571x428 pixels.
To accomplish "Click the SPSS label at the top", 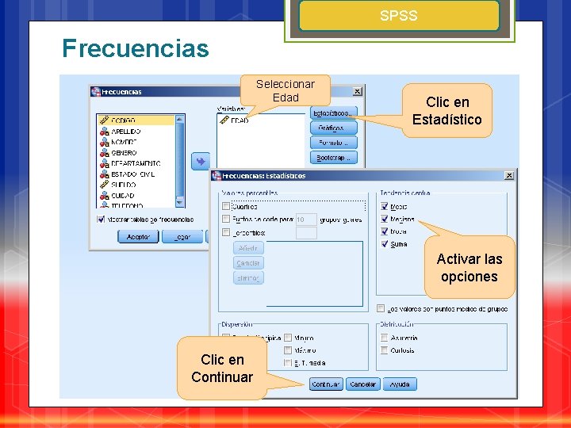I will pos(398,16).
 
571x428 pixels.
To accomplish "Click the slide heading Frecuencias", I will pos(136,49).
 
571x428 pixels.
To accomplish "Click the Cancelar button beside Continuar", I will pos(362,384).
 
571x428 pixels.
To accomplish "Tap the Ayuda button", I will pos(400,384).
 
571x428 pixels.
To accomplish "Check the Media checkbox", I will pos(385,207).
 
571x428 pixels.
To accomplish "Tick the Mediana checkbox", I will pos(385,219).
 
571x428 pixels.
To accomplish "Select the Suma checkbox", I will pos(385,244).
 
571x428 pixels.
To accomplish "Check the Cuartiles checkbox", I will pos(226,207).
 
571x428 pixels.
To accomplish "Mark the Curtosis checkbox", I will pos(385,350).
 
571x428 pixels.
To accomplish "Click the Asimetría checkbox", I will pos(385,338).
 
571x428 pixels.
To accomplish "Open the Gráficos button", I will pos(333,128).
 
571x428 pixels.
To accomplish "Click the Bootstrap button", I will pos(333,158).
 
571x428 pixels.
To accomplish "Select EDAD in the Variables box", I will pos(239,120).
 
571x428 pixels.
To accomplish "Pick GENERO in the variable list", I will pos(124,152).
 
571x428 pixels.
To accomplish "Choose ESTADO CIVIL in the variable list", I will pos(132,174).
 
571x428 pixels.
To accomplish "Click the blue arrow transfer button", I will pos(200,161).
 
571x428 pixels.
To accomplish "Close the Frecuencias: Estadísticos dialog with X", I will pos(508,175).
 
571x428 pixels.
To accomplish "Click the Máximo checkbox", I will pos(288,350).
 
